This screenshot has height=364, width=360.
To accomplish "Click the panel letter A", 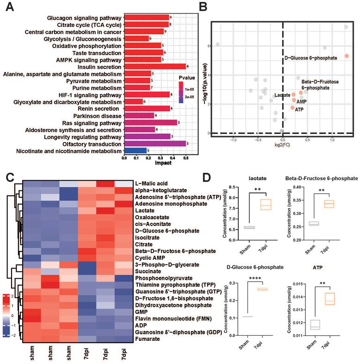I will [x=8, y=8].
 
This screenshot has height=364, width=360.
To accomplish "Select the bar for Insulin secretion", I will [x=155, y=67].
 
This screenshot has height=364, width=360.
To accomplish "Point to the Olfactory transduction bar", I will [x=155, y=144].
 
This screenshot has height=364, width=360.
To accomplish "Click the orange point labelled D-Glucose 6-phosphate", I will [x=347, y=56].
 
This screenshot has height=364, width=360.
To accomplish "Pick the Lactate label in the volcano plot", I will [x=282, y=95].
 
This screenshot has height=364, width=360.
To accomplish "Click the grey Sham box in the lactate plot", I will [x=249, y=227].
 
